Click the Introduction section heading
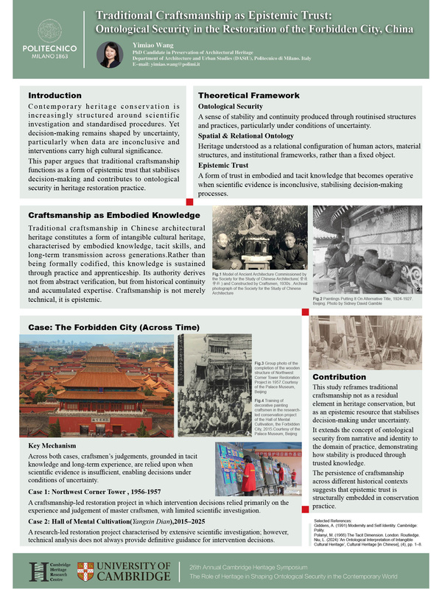[x=55, y=96]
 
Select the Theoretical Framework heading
[x=248, y=96]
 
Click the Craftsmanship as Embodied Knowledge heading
[x=113, y=215]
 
